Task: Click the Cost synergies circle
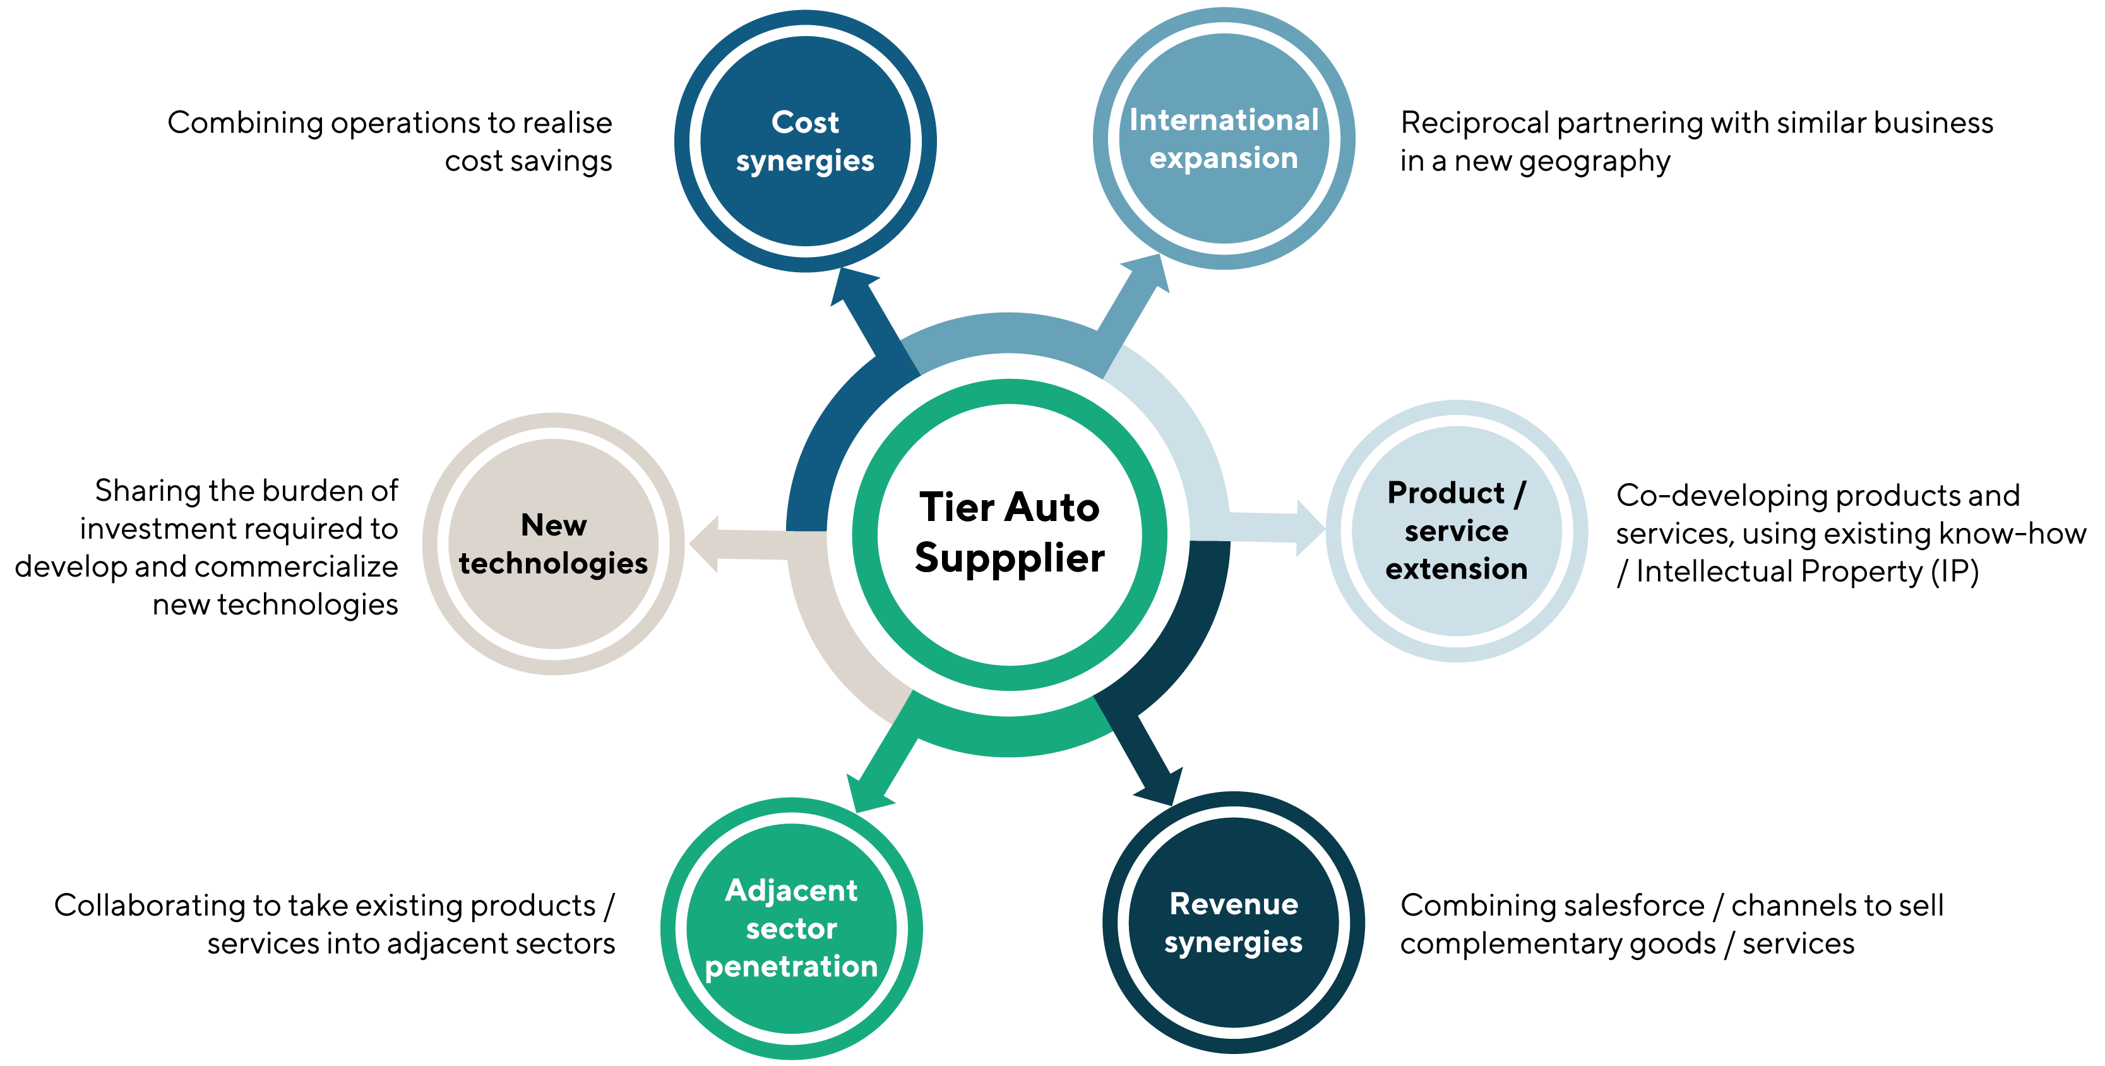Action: (x=805, y=141)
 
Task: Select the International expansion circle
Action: (x=1223, y=139)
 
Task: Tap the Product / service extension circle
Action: (x=1456, y=530)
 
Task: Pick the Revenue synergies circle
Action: (x=1233, y=923)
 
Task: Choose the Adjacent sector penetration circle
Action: (x=791, y=929)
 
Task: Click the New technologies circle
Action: (x=553, y=544)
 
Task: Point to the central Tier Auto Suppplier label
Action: (x=1009, y=532)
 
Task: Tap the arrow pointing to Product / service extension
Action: (x=1283, y=528)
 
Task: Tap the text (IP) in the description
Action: (x=1954, y=572)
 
